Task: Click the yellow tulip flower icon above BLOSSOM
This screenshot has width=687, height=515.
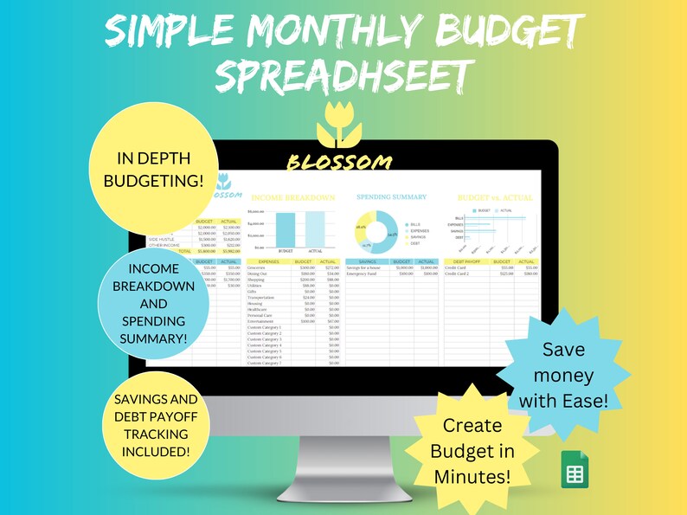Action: tap(339, 125)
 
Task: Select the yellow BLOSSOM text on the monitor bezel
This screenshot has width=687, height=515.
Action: tap(338, 161)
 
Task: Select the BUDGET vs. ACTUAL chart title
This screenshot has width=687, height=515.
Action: tap(495, 197)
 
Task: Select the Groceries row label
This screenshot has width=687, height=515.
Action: tap(259, 268)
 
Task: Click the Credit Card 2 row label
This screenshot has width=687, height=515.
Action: tap(458, 274)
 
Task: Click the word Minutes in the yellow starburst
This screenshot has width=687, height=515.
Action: tap(472, 475)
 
